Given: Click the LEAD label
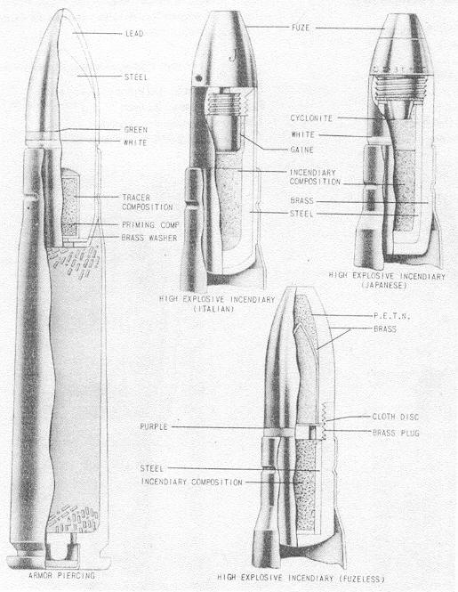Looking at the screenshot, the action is [x=134, y=34].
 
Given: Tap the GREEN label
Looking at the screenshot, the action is [x=136, y=130].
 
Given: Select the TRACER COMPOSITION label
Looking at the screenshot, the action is [x=148, y=202].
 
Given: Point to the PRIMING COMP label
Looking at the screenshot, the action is [x=150, y=225].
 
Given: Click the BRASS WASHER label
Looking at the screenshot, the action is [x=149, y=238].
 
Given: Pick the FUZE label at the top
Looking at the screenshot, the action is [x=301, y=28].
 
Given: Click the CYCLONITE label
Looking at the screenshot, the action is [x=311, y=118].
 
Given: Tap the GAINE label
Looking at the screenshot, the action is [x=301, y=150].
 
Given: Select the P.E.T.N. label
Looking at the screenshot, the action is [x=391, y=316].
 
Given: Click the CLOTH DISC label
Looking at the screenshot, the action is [x=396, y=417].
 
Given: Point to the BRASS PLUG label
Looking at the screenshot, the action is [x=396, y=433].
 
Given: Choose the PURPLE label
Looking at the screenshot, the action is [x=154, y=427].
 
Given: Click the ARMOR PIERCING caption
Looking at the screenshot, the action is [x=62, y=576].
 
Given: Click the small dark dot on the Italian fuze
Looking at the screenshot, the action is [x=198, y=78].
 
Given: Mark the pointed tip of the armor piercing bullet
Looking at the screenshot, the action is [x=65, y=11].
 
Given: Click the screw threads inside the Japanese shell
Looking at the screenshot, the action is [x=401, y=88].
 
